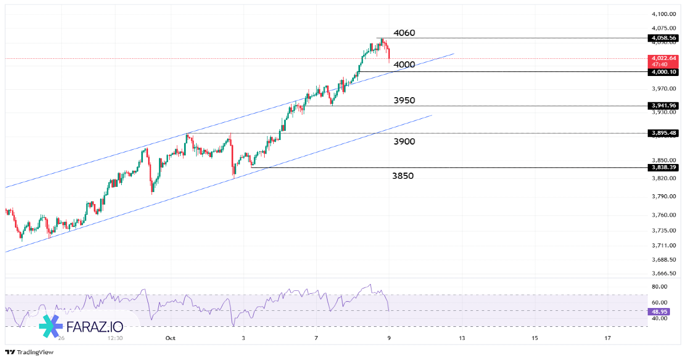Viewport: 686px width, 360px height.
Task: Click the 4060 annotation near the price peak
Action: pos(404,33)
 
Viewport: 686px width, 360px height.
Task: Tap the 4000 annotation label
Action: pos(404,65)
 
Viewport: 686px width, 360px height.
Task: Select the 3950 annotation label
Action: pos(404,101)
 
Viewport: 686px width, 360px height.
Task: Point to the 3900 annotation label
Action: pos(404,142)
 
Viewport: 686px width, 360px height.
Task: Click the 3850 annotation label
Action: pos(403,176)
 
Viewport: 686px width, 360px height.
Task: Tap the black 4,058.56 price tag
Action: pos(663,38)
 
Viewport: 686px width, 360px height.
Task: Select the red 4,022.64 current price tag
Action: pos(663,58)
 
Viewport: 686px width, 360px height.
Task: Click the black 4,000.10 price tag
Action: pos(663,72)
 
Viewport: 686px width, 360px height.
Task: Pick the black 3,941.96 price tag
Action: pos(663,106)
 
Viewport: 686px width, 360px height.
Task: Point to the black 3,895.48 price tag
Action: pos(663,133)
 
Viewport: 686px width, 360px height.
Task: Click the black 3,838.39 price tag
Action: pos(663,167)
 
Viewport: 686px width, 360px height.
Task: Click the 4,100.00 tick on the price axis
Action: pos(664,14)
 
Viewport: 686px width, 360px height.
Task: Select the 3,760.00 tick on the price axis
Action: pos(664,215)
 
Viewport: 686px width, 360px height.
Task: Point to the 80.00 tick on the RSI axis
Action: pos(660,287)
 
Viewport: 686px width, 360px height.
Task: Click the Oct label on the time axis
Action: pos(170,338)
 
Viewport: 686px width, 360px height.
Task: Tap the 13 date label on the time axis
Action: pos(462,338)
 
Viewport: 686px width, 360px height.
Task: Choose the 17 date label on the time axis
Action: pos(608,338)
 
